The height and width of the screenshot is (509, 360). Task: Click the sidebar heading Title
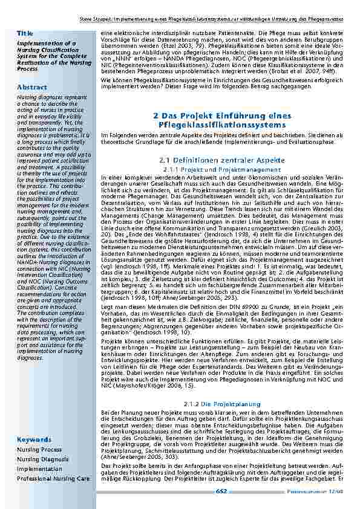25,32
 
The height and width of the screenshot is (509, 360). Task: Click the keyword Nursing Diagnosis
42,459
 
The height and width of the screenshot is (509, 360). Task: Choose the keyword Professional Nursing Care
54,478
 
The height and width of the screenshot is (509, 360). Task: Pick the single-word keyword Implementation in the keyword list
40,468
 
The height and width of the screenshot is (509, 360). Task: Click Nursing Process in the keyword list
39,450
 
